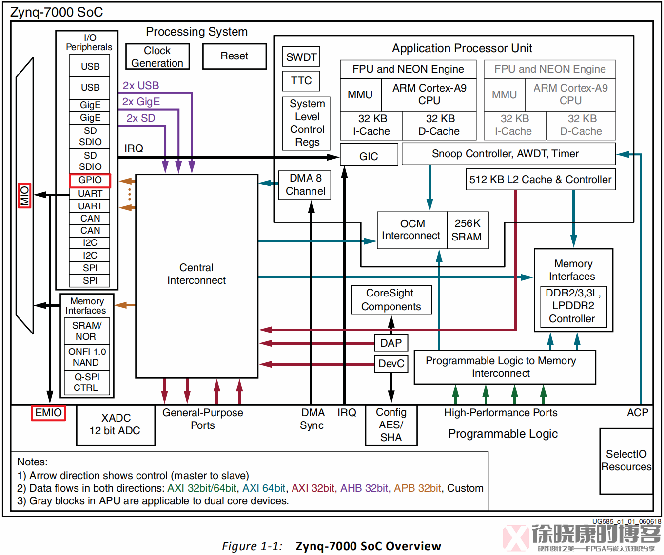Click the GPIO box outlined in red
pos(90,180)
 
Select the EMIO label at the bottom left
pos(48,413)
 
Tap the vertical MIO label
pos(24,196)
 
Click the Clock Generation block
pos(157,57)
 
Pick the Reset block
pos(234,56)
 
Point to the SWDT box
pos(301,57)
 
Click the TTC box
pos(301,81)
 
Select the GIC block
pos(369,156)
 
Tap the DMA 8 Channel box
pos(305,185)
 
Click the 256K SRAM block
pos(467,230)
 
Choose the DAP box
pos(391,343)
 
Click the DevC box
pos(391,364)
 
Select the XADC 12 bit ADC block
pos(116,425)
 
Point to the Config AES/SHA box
pos(391,425)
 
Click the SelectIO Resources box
pos(626,461)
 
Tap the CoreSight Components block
pos(391,300)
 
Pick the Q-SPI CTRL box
pos(86,383)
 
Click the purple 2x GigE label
pos(141,102)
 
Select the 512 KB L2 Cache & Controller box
pos(540,180)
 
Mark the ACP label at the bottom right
pos(637,413)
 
